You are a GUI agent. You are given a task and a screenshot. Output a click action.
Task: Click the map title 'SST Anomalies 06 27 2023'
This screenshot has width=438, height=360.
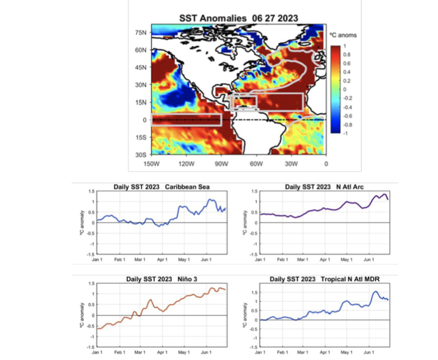point(239,18)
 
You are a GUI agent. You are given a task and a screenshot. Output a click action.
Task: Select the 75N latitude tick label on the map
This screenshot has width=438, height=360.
point(141,33)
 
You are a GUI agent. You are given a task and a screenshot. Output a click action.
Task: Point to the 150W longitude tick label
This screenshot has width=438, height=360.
point(150,163)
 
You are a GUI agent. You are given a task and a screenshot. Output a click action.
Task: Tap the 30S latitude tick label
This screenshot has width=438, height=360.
point(141,154)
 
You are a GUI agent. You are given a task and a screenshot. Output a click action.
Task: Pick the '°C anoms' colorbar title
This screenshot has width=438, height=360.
point(343,35)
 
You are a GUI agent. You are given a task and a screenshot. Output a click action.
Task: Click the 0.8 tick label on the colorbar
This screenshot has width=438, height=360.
point(347,54)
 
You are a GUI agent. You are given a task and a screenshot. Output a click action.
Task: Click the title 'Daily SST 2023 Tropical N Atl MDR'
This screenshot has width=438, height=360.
point(324,279)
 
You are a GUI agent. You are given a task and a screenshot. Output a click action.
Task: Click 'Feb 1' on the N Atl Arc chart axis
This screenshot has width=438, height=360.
point(281,259)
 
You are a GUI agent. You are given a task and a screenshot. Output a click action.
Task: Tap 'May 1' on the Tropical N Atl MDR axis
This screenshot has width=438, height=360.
point(346,351)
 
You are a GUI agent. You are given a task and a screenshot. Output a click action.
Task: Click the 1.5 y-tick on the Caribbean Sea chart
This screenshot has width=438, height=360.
point(92,191)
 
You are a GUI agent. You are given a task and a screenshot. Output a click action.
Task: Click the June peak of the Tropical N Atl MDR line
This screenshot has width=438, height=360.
point(376,292)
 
